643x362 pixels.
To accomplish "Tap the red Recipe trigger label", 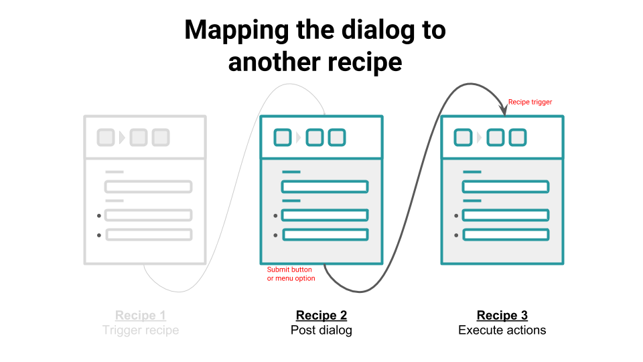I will pos(530,102).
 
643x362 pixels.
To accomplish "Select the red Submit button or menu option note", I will pos(291,274).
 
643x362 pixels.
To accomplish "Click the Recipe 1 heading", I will pos(141,315).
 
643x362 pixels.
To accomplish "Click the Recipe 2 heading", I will pos(321,315).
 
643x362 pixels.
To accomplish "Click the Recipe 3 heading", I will pos(502,315).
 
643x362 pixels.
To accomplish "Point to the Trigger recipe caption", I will pos(141,330).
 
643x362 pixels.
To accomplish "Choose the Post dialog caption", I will pos(321,330).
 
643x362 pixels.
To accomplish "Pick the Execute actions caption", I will pos(502,330).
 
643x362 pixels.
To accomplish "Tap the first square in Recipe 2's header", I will pos(283,138).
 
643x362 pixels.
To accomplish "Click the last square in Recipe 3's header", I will pos(517,138).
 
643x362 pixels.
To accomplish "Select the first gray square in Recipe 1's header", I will pos(106,138).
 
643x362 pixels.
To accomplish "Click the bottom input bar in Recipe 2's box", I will pos(325,235).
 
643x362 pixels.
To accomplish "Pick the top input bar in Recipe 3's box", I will pos(506,186).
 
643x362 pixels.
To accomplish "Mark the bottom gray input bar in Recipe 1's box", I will pos(149,235).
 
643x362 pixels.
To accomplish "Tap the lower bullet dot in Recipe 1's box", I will pos(99,235).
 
